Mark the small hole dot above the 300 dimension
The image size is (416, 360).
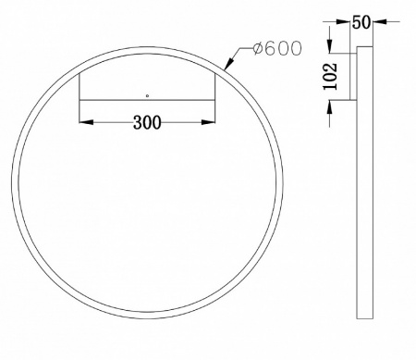(147, 95)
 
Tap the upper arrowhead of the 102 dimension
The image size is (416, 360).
(329, 52)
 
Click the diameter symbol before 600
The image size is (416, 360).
(255, 48)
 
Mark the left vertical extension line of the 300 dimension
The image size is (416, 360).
(81, 97)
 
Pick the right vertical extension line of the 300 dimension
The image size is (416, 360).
(215, 97)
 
